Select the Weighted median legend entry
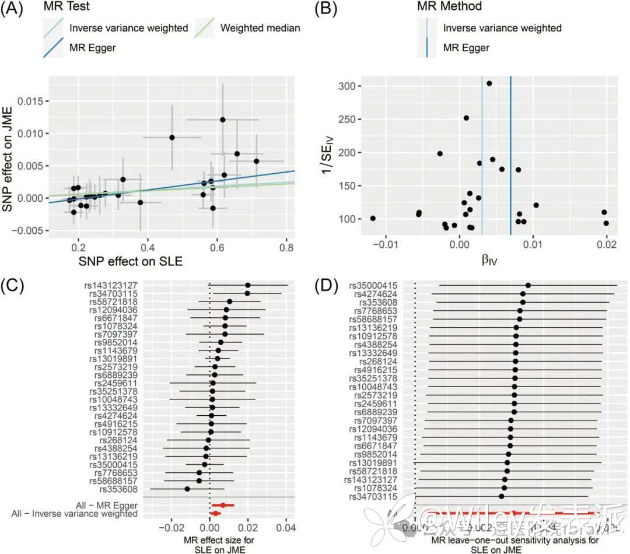tap(260, 28)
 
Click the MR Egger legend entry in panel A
tap(92, 47)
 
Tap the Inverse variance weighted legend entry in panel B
tap(502, 28)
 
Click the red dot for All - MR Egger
tap(223, 505)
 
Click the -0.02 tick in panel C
tap(169, 530)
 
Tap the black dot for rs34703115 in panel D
tap(502, 496)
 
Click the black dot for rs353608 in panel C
tap(187, 489)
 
